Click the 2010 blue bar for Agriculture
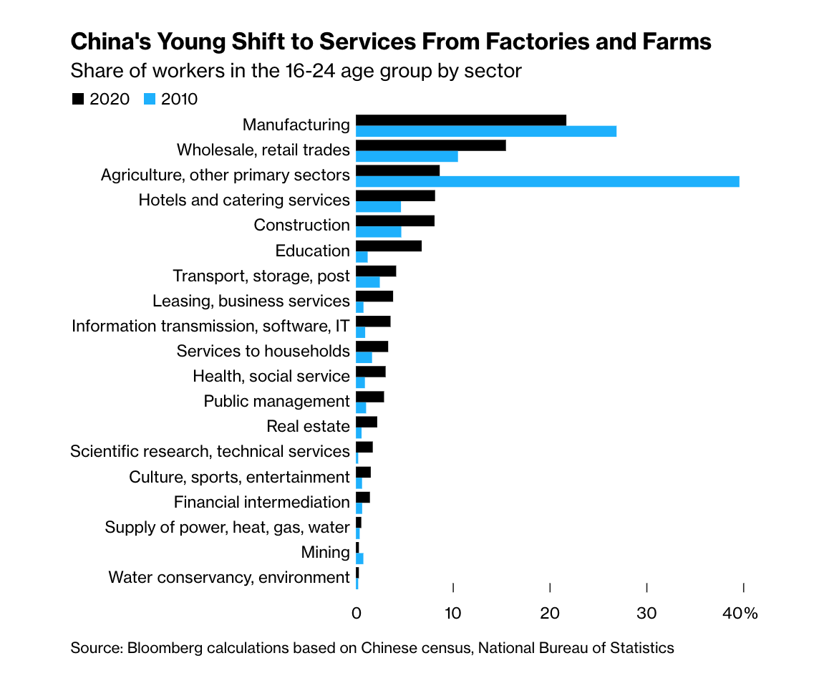(548, 182)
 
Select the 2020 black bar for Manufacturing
(460, 120)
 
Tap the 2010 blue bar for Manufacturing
(485, 132)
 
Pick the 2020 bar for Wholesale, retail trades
(430, 145)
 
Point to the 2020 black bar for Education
(388, 246)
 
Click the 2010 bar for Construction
(378, 232)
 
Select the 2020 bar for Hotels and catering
(395, 195)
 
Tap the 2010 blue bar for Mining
(359, 559)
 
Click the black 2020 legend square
(78, 100)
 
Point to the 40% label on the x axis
(740, 614)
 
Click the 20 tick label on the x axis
(549, 614)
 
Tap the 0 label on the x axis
(356, 614)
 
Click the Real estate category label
(308, 427)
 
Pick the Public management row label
(276, 401)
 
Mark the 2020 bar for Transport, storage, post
(376, 271)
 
